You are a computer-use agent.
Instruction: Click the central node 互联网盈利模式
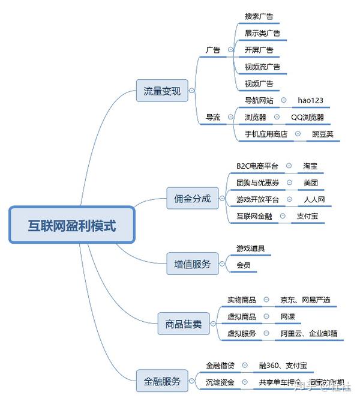(72, 226)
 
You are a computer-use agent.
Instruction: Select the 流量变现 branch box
(162, 92)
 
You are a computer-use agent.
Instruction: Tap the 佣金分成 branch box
(192, 199)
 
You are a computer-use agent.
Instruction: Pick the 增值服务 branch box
(192, 264)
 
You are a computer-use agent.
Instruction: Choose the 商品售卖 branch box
(184, 325)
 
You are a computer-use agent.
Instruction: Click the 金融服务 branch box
(162, 380)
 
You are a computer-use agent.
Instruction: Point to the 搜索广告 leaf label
(259, 16)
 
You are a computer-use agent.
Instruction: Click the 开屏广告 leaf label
(259, 50)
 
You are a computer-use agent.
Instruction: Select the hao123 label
(311, 100)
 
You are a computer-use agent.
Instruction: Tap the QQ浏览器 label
(307, 117)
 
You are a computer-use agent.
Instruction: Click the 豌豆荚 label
(323, 134)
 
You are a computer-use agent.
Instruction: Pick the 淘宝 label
(310, 166)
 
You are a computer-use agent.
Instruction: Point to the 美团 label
(310, 182)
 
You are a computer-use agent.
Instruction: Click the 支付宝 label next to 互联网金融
(307, 216)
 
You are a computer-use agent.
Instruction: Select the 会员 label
(243, 264)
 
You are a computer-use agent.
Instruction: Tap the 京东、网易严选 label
(305, 300)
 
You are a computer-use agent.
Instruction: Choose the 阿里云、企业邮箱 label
(308, 333)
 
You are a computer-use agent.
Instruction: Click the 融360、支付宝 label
(283, 365)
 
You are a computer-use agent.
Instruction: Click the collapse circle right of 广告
(230, 50)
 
